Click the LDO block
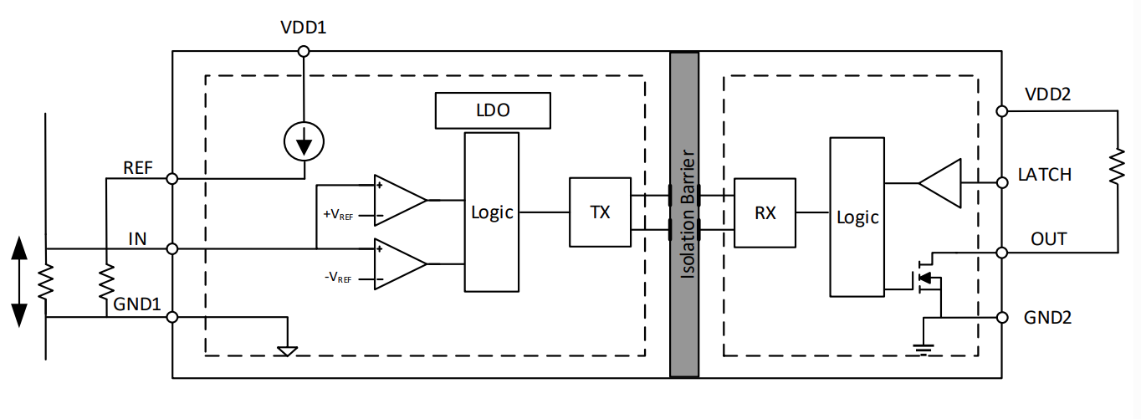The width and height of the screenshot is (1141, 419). [x=493, y=110]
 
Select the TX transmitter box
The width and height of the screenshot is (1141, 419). [x=600, y=212]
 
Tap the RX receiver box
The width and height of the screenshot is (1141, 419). [x=765, y=212]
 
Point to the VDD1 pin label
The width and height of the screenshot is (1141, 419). [x=303, y=28]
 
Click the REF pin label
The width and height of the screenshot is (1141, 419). [x=138, y=167]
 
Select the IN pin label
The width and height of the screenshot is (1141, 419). [x=137, y=239]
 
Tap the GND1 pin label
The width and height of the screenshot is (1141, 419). [x=136, y=304]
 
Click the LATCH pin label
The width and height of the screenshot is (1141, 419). [x=1045, y=175]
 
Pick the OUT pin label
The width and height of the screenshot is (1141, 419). [x=1049, y=239]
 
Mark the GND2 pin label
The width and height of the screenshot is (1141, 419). [x=1047, y=318]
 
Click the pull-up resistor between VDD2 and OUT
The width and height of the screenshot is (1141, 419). [x=1118, y=167]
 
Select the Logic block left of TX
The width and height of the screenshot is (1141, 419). [x=492, y=212]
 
